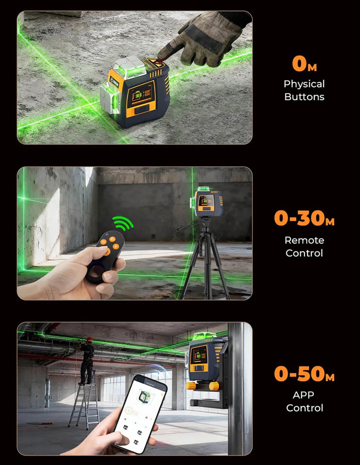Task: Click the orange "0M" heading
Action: (305, 64)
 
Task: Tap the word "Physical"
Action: (304, 84)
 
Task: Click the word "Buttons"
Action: (304, 97)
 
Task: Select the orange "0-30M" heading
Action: (304, 218)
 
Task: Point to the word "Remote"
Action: (304, 240)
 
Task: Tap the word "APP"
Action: (303, 395)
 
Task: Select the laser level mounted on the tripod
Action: (208, 203)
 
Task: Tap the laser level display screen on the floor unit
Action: (142, 93)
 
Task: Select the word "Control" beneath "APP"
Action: (305, 408)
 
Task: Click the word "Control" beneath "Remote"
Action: (304, 253)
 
